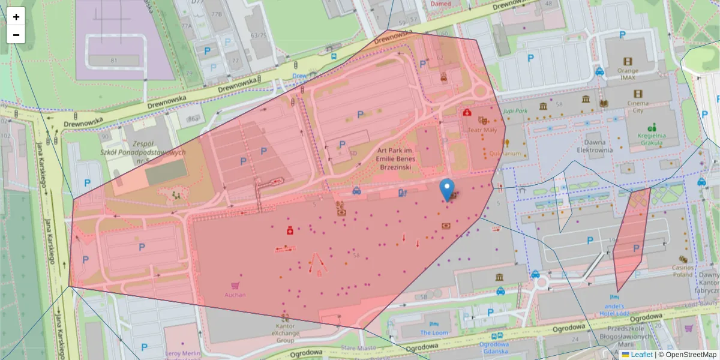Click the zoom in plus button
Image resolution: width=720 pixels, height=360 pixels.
16,17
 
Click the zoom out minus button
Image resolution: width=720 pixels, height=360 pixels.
16,35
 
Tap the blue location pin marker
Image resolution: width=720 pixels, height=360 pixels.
447,190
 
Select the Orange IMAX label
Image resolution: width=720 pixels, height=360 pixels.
628,73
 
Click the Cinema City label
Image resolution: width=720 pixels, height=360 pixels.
638,106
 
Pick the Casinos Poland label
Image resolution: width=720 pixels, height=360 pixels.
683,271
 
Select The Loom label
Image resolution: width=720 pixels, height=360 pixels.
434,332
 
